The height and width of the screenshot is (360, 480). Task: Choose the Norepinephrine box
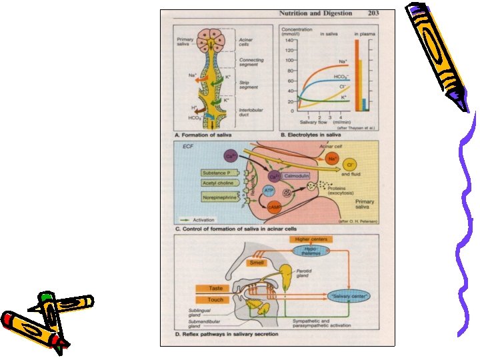pyautogui.click(x=221, y=197)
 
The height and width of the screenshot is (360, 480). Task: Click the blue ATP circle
pyautogui.click(x=269, y=191)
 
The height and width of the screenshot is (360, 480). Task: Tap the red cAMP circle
pyautogui.click(x=274, y=209)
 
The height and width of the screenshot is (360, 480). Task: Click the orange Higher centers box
pyautogui.click(x=310, y=239)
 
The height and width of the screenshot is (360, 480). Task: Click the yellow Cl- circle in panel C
pyautogui.click(x=349, y=163)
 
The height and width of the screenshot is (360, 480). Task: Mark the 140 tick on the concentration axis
pyautogui.click(x=289, y=40)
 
